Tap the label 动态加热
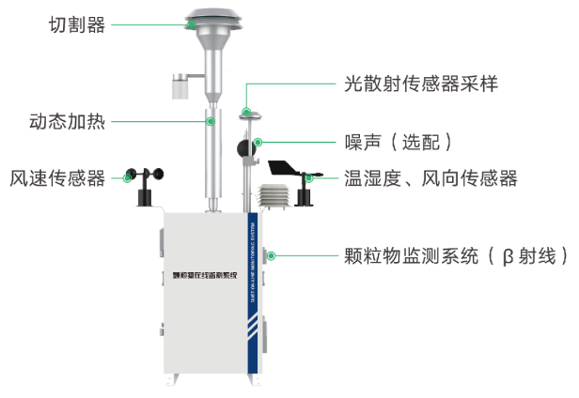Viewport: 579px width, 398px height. [x=67, y=121]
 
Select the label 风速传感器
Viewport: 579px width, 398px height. [x=57, y=176]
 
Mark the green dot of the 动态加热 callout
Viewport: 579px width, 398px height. [x=211, y=121]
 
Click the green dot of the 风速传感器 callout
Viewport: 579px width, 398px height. [x=130, y=176]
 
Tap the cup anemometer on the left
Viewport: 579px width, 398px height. [x=146, y=178]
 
